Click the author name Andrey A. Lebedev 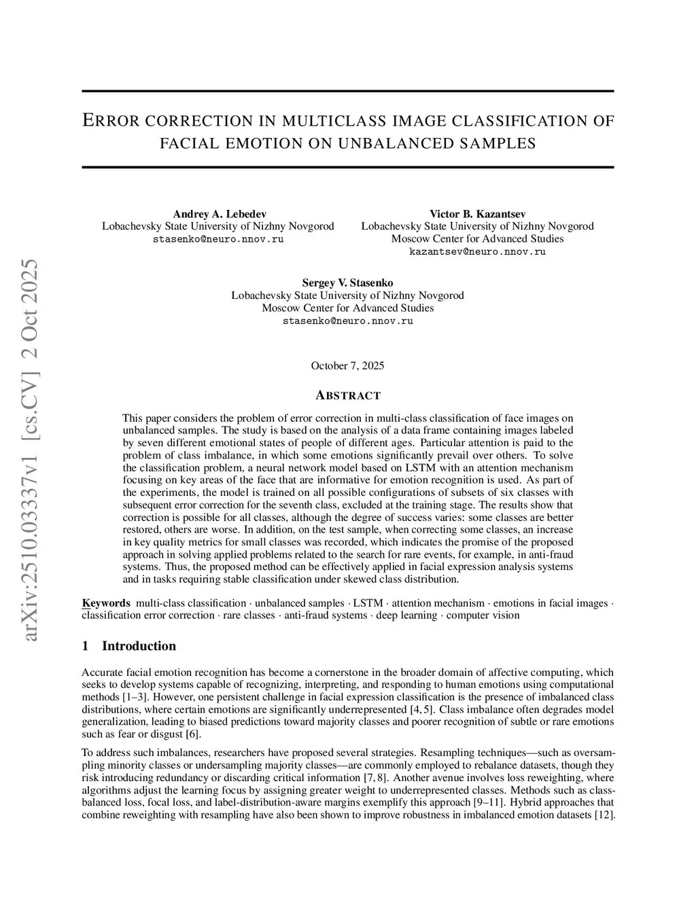pos(219,214)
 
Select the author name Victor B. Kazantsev pos(477,214)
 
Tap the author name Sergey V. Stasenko pos(347,283)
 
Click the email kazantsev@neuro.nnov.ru pos(477,251)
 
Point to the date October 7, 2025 pos(347,366)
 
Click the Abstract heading pos(347,395)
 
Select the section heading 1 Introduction pos(128,646)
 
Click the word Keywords pos(106,603)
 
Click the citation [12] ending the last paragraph pos(604,815)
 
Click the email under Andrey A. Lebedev pos(219,239)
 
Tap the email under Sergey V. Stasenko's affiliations pos(347,321)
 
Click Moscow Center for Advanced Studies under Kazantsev pos(477,238)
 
